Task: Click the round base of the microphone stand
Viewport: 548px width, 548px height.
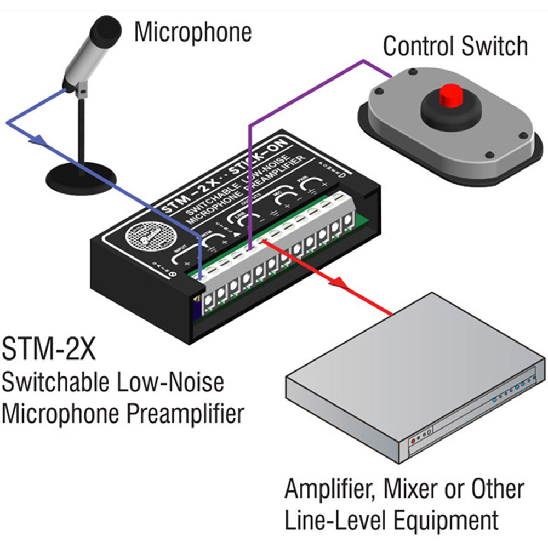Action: tap(81, 174)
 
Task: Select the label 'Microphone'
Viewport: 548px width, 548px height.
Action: tap(193, 32)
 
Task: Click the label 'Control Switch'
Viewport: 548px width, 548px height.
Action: tap(455, 46)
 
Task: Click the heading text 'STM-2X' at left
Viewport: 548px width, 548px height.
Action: tap(49, 350)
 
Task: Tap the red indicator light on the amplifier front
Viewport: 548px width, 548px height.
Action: tap(413, 439)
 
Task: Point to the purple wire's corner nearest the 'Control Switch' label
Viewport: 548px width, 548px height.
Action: tap(362, 61)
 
